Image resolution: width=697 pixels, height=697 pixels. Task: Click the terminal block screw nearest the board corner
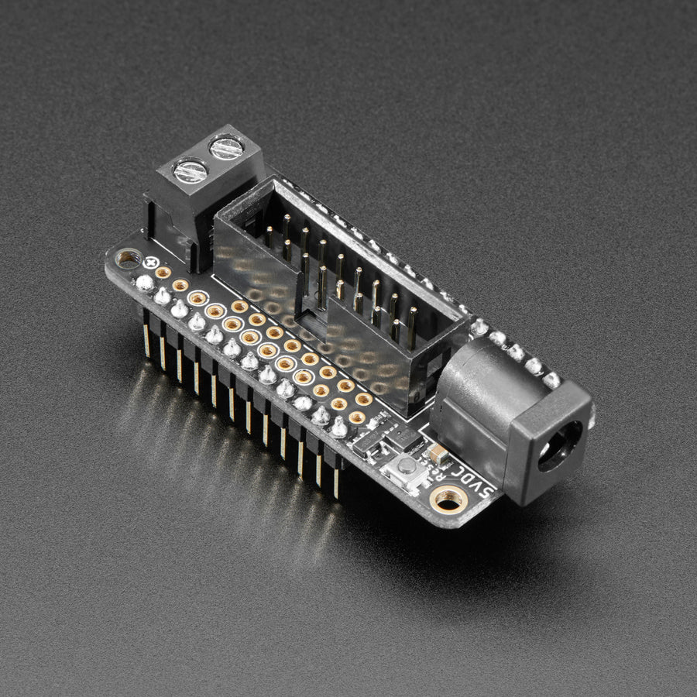190,170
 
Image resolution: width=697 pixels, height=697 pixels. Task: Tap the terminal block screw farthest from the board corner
225,147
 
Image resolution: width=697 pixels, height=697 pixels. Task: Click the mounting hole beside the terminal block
128,258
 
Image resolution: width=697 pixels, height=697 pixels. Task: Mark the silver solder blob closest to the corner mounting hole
144,283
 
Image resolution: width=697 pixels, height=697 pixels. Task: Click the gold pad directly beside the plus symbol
163,273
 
